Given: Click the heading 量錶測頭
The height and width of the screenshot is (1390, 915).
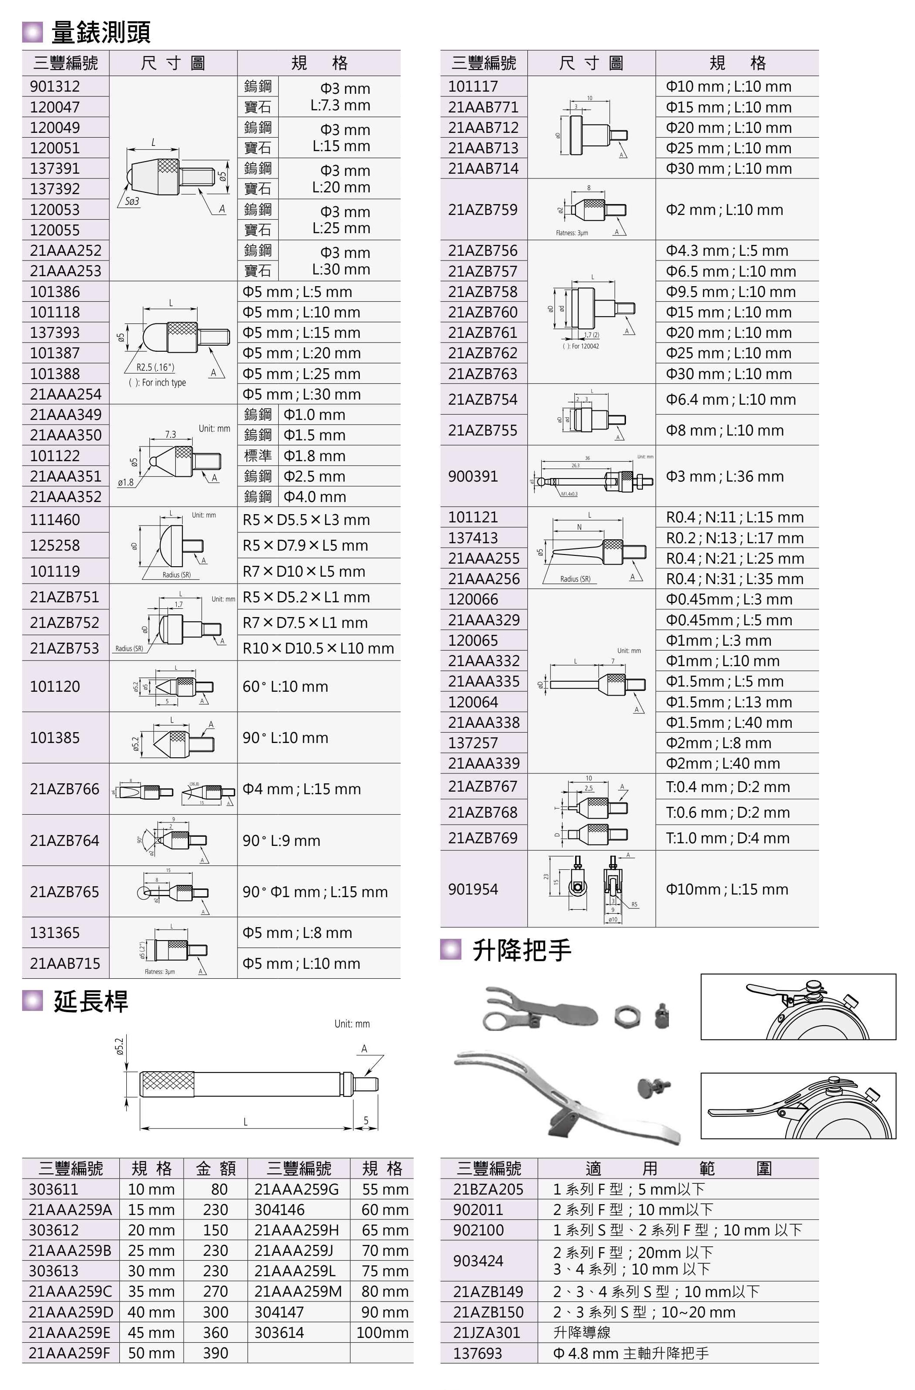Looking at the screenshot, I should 100,32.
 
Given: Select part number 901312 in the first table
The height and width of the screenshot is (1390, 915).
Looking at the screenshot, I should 55,86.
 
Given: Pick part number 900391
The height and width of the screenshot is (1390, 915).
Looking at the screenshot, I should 473,476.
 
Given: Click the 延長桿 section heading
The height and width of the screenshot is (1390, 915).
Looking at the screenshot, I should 91,1001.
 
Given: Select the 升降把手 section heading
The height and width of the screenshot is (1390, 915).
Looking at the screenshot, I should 521,950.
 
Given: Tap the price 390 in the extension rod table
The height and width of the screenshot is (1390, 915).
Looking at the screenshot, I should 215,1353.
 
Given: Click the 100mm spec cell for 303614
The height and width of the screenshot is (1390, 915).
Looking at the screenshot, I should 382,1332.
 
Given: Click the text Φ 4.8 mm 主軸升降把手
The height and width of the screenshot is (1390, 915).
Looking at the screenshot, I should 631,1353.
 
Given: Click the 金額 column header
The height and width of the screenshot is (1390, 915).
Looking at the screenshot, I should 215,1168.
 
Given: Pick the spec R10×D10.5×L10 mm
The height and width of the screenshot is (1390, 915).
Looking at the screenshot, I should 318,648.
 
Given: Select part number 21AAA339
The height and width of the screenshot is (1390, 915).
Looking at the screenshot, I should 484,763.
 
